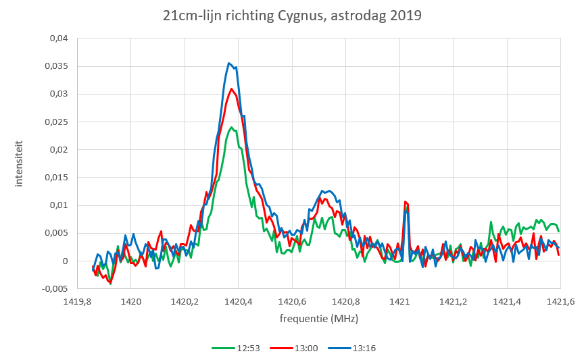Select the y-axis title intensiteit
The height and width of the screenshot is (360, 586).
pos(18,163)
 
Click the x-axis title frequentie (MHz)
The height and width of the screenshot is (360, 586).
pos(318,318)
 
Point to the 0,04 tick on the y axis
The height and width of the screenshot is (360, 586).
pos(59,38)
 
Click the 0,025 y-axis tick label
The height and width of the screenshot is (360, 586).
pos(56,122)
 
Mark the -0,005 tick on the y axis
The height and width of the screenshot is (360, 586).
pos(55,289)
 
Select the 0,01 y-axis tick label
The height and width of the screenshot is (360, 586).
pos(59,205)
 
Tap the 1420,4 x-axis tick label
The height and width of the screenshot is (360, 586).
pos(238,302)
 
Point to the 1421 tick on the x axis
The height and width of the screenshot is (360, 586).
pos(399,302)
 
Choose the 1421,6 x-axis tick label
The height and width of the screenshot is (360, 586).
pos(560,302)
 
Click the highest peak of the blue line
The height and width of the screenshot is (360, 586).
pos(230,63)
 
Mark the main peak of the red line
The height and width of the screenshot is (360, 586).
pos(231,88)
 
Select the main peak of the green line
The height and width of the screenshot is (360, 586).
pos(231,127)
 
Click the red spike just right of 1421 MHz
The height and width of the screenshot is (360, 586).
pos(406,202)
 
